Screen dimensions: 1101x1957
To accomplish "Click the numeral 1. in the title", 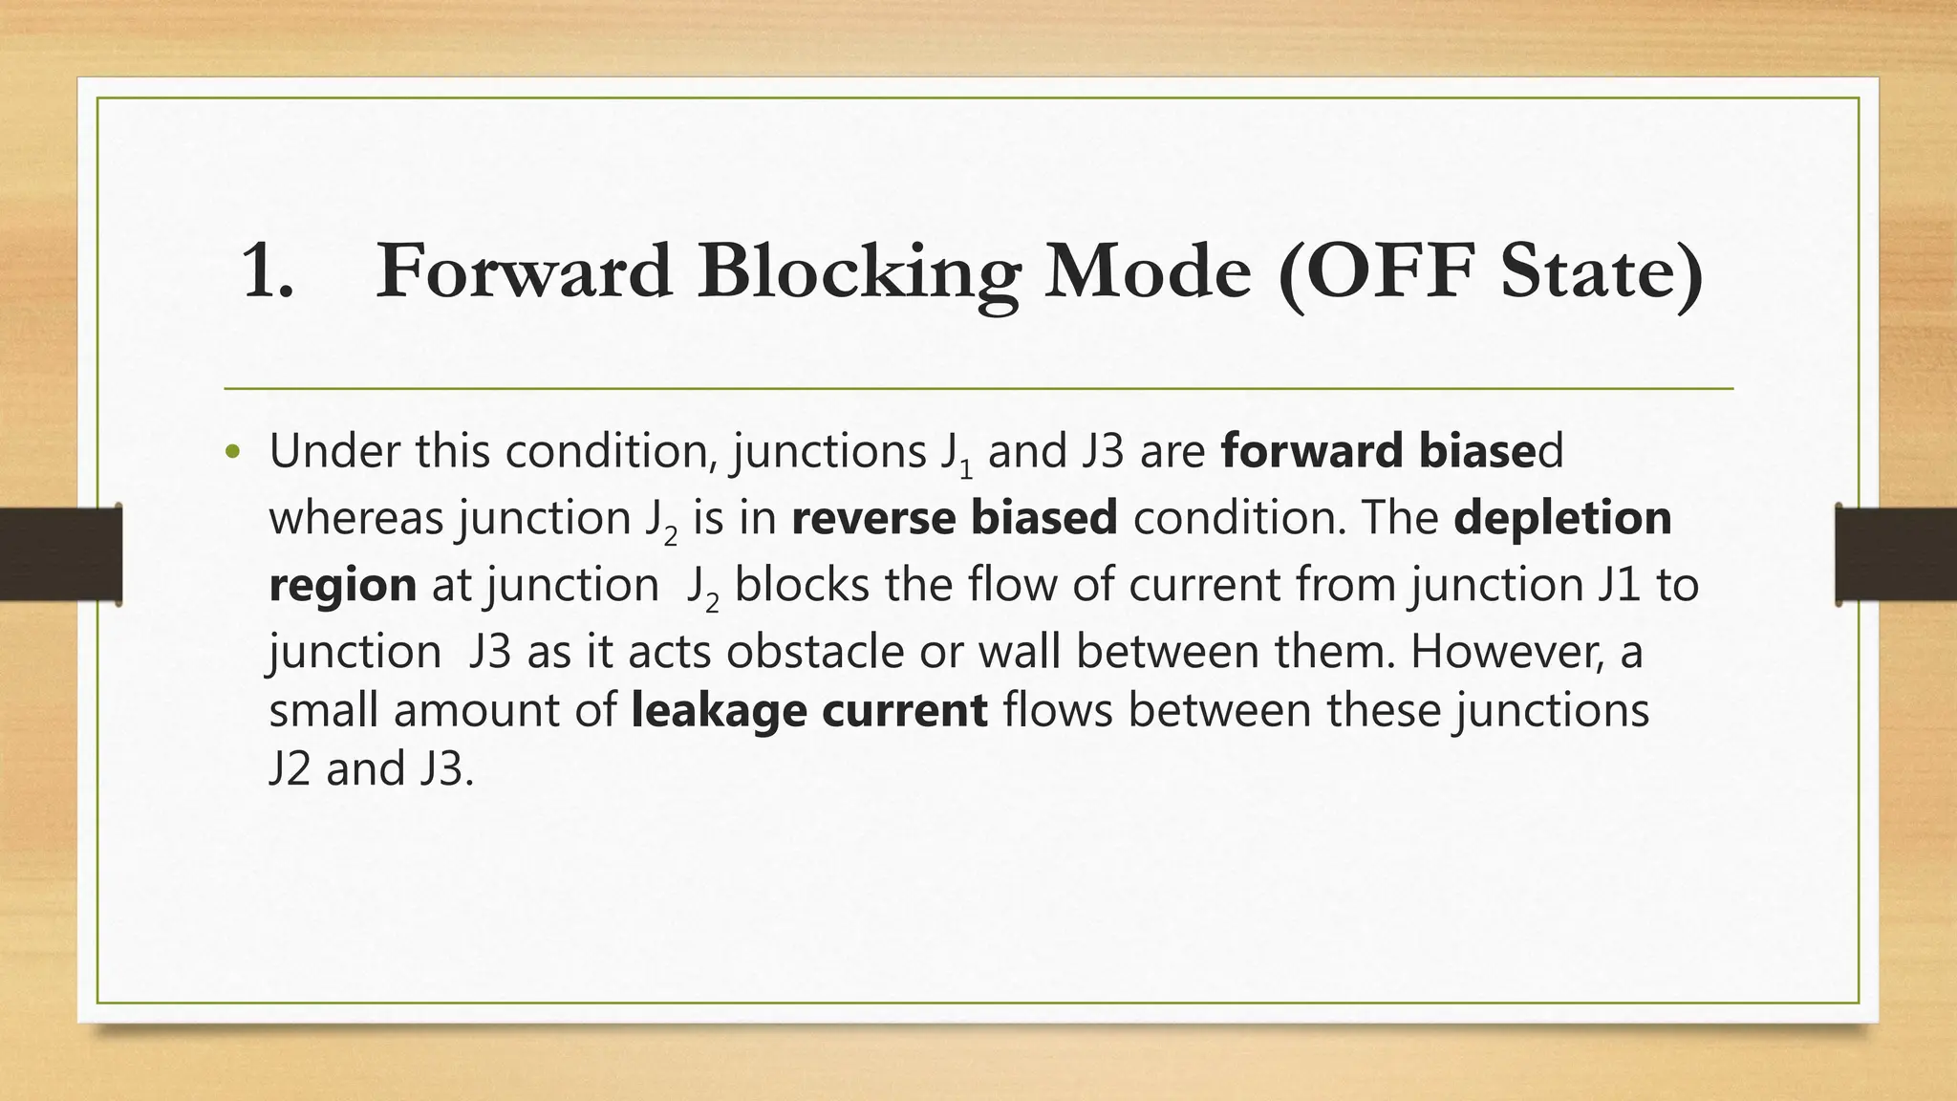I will click(269, 272).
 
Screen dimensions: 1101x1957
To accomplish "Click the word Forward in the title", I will click(525, 272).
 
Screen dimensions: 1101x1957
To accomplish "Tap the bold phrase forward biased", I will click(1391, 451).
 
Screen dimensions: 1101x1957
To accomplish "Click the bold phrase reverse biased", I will click(954, 518).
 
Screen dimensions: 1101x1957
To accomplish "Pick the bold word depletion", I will click(1562, 518).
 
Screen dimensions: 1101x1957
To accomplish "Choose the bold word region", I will click(342, 585).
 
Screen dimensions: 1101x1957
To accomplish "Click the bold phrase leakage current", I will click(808, 710).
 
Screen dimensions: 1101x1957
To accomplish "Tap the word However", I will click(1507, 652).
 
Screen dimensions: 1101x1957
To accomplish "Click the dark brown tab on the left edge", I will click(60, 554).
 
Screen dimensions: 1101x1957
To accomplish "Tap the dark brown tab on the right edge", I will click(1896, 554).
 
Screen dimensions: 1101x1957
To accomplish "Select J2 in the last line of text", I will click(290, 768).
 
